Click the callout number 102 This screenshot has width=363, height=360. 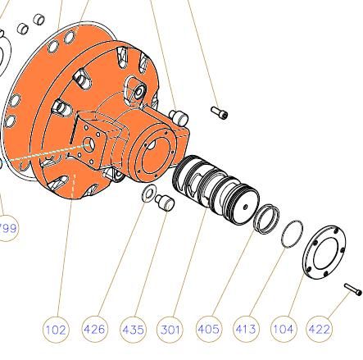pos(56,330)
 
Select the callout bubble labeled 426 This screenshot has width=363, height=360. pos(94,330)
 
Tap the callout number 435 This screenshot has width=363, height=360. pos(133,330)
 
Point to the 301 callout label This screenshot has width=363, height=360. pos(170,330)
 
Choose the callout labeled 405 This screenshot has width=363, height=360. pos(208,330)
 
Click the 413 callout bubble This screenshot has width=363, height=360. pos(246,330)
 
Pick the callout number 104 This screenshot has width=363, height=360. pos(283,330)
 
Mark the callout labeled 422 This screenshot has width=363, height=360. pos(320,330)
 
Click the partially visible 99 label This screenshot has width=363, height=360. pos(7,228)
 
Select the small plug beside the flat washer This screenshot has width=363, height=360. pos(165,203)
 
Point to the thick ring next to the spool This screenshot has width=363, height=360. pos(265,218)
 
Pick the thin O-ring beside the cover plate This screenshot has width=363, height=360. pos(292,234)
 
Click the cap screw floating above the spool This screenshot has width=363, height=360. pos(220,112)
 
